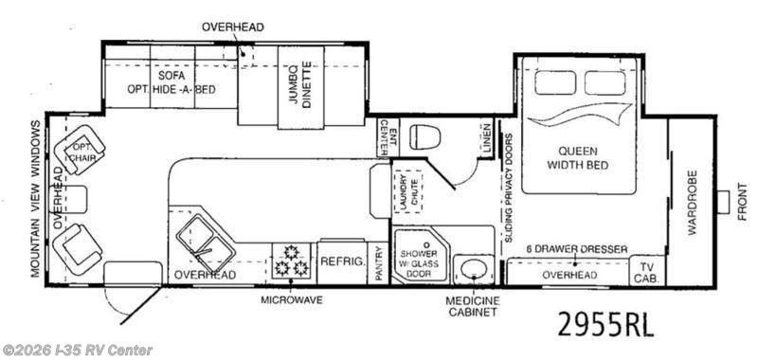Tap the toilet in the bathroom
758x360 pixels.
(424, 139)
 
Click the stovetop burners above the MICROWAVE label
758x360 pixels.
(291, 261)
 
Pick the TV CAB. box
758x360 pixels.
(648, 269)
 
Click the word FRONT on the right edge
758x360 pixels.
(742, 201)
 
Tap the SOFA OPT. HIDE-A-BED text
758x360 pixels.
(171, 81)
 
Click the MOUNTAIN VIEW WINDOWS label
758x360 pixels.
(35, 199)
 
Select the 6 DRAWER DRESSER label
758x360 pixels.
(576, 248)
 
